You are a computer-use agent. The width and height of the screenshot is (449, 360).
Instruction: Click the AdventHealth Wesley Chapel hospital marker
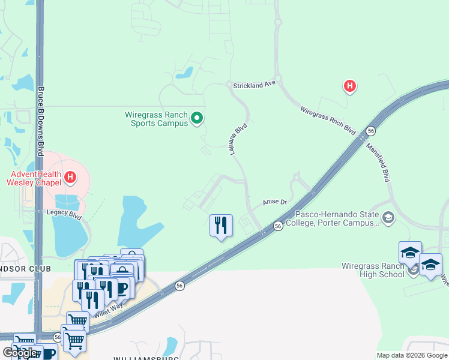point(70,177)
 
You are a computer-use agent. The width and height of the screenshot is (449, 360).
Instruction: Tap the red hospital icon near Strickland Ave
point(349,87)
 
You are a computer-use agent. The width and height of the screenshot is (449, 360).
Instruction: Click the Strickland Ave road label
point(254,86)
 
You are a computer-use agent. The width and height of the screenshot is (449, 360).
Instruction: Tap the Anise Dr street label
point(276,203)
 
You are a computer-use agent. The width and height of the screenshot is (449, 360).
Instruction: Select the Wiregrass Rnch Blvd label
point(328,121)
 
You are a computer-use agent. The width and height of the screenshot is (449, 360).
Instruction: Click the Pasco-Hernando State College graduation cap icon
point(388,217)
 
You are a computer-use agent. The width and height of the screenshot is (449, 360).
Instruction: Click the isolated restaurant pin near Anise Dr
point(221,226)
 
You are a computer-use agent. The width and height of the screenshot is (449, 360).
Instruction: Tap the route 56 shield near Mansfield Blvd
point(371,131)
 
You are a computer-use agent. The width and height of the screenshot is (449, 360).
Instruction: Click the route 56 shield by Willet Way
point(179,287)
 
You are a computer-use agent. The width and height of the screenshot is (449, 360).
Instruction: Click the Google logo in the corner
point(20,353)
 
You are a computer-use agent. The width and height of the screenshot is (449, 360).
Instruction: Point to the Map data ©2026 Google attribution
point(412,355)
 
